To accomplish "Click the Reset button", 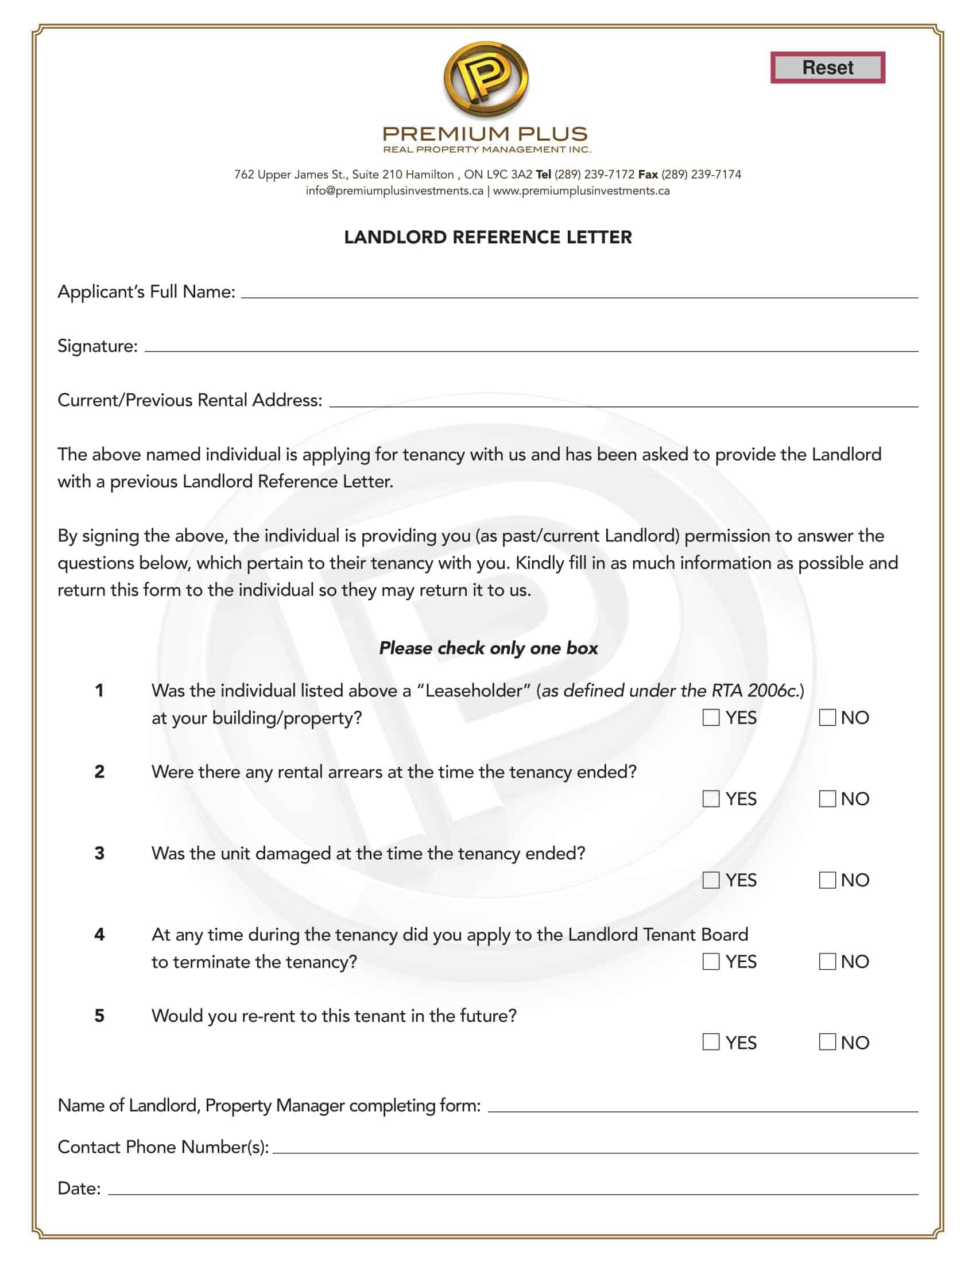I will pos(827,68).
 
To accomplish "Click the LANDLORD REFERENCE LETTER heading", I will pos(487,237).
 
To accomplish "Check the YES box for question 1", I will pos(711,718).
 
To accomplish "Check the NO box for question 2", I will pos(827,799).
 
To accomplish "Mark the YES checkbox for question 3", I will pos(711,880).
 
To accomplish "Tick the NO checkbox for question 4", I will pos(827,962).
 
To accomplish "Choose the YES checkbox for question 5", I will pos(711,1042).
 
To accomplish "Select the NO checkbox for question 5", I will pos(827,1042).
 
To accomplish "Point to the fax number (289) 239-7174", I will pos(701,175).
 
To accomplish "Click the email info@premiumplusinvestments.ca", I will pos(394,191).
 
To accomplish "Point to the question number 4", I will pos(99,935).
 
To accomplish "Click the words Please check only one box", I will pos(488,648).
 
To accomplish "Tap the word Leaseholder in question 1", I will pos(474,691).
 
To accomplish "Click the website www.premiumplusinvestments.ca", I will pos(581,191).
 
